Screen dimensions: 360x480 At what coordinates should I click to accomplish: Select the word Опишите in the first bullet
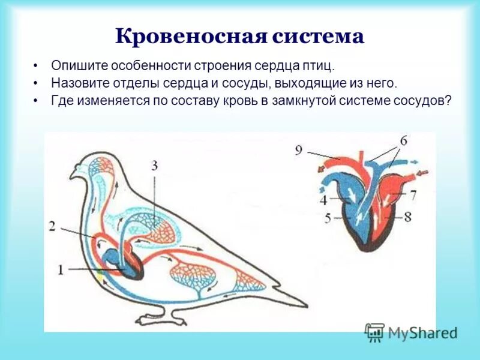coord(77,65)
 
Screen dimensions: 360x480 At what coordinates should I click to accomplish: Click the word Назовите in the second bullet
coord(79,83)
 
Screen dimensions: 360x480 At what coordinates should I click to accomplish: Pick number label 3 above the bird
coord(155,166)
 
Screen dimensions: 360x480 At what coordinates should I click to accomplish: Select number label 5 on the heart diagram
coord(328,218)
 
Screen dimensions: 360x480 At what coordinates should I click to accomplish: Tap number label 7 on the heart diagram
coord(412,196)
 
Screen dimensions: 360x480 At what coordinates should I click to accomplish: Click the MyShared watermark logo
coord(410,332)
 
